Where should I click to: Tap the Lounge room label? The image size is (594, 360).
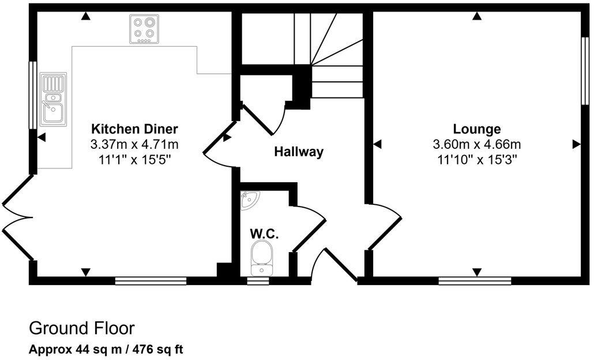point(476,129)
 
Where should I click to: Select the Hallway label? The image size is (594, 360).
point(298,152)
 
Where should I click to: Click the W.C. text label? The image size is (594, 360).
point(264,234)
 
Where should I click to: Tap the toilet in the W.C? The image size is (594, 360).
point(262,258)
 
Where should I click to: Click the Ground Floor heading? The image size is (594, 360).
point(81,328)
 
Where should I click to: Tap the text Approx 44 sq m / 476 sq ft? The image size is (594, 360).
point(106,349)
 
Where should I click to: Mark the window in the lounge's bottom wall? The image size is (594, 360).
point(475,281)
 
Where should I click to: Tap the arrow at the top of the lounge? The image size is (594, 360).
point(476,17)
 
